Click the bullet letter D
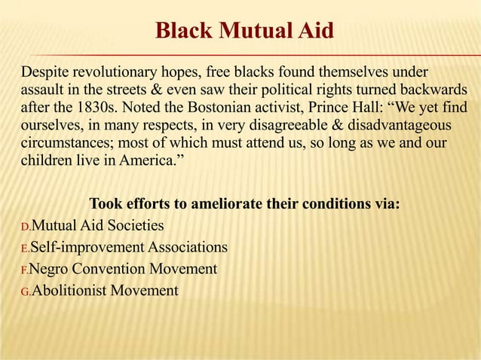click(x=25, y=226)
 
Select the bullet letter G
click(x=25, y=291)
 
